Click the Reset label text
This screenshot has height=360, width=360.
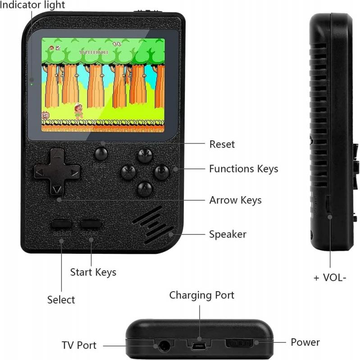[x=222, y=144]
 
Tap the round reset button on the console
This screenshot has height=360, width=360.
[x=101, y=154]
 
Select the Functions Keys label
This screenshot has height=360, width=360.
[x=243, y=169]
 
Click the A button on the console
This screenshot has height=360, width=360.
[x=145, y=189]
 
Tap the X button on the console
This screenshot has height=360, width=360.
[x=128, y=171]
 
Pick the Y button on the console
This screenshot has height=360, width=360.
[x=145, y=155]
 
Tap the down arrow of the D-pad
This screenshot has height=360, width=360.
[x=56, y=189]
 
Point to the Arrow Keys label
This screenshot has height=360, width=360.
[x=235, y=200]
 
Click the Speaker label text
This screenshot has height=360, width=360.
[x=228, y=234]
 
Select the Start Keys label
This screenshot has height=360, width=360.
[x=93, y=272]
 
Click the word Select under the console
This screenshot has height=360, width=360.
[x=61, y=300]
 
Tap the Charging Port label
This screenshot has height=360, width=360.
[x=202, y=295]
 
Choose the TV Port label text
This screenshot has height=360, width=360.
[x=79, y=346]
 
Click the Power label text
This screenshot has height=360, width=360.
[x=305, y=342]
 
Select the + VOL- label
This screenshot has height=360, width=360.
[x=330, y=277]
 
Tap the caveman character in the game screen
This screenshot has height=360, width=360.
[x=78, y=111]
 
